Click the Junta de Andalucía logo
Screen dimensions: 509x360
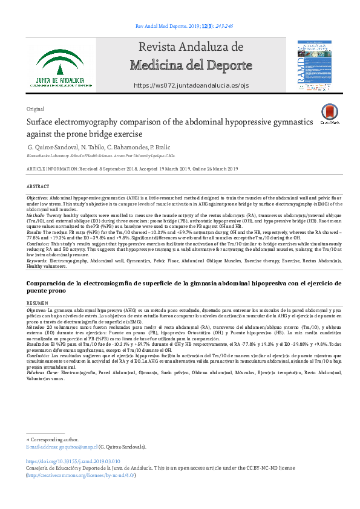click(x=64, y=68)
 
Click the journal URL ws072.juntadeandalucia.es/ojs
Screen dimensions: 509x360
click(x=191, y=86)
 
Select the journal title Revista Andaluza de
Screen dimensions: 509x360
click(x=191, y=47)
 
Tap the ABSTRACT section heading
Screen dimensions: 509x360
click(x=38, y=187)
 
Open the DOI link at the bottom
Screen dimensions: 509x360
click(x=74, y=462)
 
